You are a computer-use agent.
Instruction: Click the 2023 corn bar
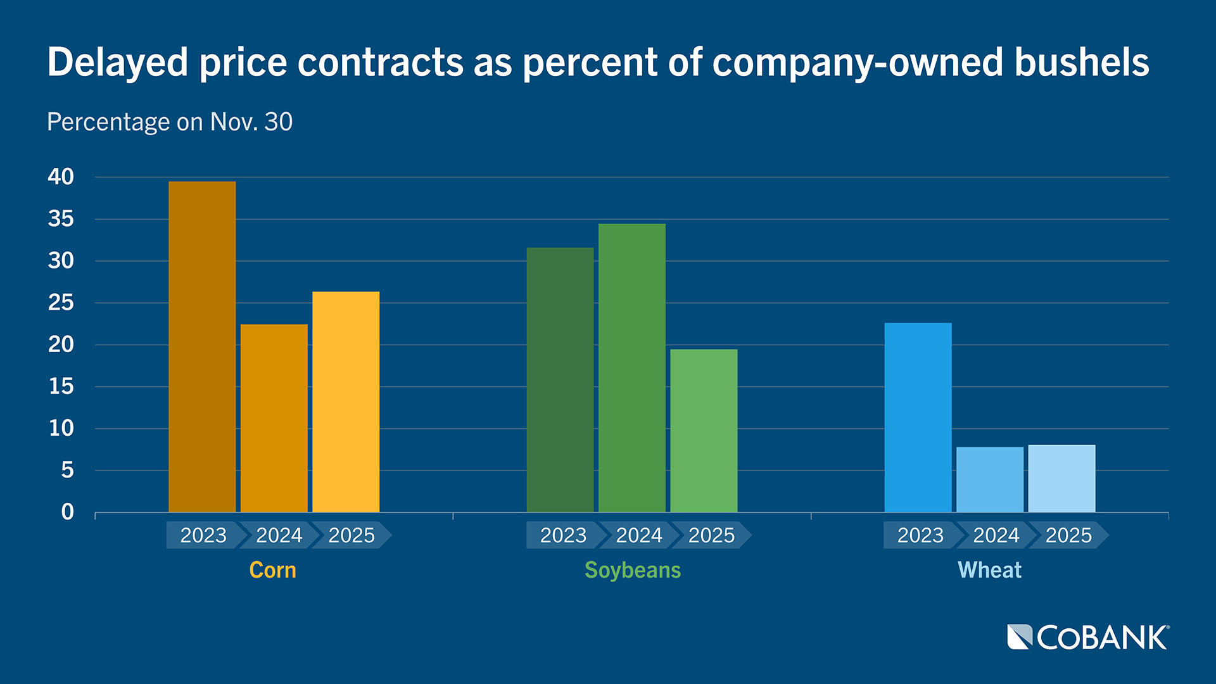coord(202,346)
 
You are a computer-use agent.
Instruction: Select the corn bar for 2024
coord(274,418)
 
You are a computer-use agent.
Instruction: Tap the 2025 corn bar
coord(346,402)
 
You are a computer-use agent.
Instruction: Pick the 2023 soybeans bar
coord(560,380)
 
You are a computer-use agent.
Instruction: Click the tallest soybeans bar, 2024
coord(632,367)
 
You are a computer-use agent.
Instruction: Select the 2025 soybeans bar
coord(704,431)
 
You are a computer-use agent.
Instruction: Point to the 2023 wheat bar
coord(918,417)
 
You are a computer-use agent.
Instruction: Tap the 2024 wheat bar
coord(990,479)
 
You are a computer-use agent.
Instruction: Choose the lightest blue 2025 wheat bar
coord(1061,478)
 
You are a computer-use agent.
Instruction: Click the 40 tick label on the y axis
coord(61,177)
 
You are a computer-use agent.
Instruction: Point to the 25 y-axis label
coord(61,303)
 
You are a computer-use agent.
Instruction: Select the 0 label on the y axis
coord(67,512)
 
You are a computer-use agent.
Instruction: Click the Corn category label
coord(272,570)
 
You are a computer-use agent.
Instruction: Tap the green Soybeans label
coord(632,570)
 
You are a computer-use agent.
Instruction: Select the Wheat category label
coord(989,570)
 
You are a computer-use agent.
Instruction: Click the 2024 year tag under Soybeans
coord(638,535)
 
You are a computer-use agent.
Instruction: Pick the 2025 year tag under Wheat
coord(1068,535)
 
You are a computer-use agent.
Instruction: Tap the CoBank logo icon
coord(1020,637)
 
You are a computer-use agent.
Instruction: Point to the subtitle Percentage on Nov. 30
coord(170,122)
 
